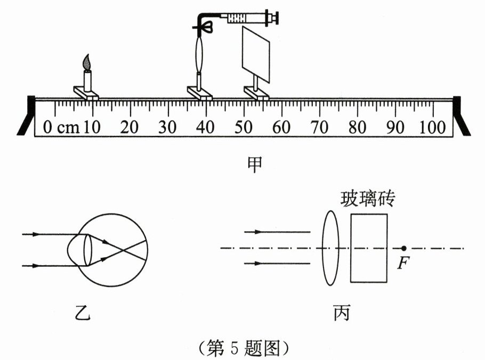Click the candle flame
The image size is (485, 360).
[x=87, y=62]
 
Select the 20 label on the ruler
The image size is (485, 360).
[x=130, y=128]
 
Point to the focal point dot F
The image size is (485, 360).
[x=403, y=248]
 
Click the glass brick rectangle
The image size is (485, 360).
[x=369, y=248]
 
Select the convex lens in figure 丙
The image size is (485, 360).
[x=330, y=248]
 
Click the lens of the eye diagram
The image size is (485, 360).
[x=80, y=249]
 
